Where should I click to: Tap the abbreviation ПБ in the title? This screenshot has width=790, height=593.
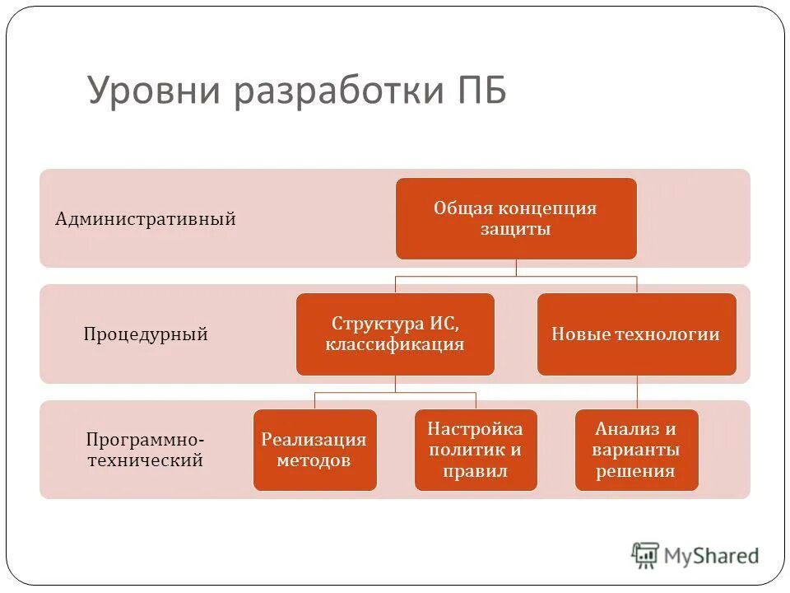point(481,90)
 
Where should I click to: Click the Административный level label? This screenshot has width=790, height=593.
point(146,219)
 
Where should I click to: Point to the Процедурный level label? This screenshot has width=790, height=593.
point(146,334)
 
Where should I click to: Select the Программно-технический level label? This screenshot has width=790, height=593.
point(146,450)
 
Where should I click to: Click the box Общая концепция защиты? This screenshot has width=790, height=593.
point(516,218)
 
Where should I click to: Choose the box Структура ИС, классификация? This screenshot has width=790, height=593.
point(395,334)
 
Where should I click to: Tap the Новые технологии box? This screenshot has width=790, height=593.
point(636,334)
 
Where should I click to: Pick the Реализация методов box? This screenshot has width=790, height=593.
point(314,450)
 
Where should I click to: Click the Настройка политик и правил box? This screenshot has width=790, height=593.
point(475,450)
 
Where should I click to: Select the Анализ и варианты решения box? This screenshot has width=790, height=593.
point(636,450)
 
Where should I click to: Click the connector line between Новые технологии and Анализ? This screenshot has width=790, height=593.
point(637,392)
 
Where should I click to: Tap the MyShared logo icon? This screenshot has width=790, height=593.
point(645,556)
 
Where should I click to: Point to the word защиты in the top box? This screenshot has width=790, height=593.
point(516,230)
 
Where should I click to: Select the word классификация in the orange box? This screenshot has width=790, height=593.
point(395,345)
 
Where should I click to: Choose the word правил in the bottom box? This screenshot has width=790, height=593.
point(475,472)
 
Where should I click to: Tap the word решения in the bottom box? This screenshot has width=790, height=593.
point(636,472)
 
